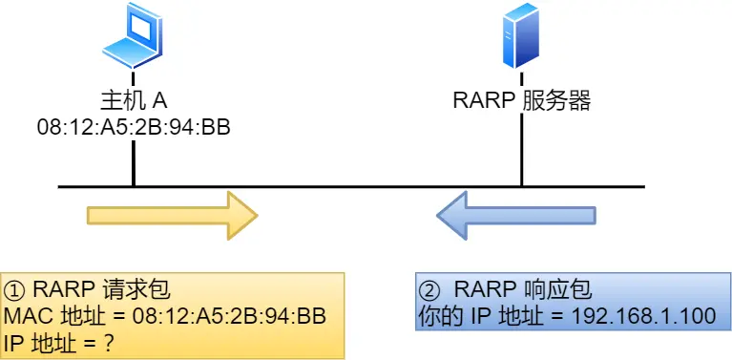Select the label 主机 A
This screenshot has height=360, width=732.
click(x=134, y=100)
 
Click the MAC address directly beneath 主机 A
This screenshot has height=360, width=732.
click(x=134, y=126)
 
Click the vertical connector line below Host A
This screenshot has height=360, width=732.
click(x=134, y=162)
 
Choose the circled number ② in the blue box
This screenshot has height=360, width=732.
click(x=429, y=289)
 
